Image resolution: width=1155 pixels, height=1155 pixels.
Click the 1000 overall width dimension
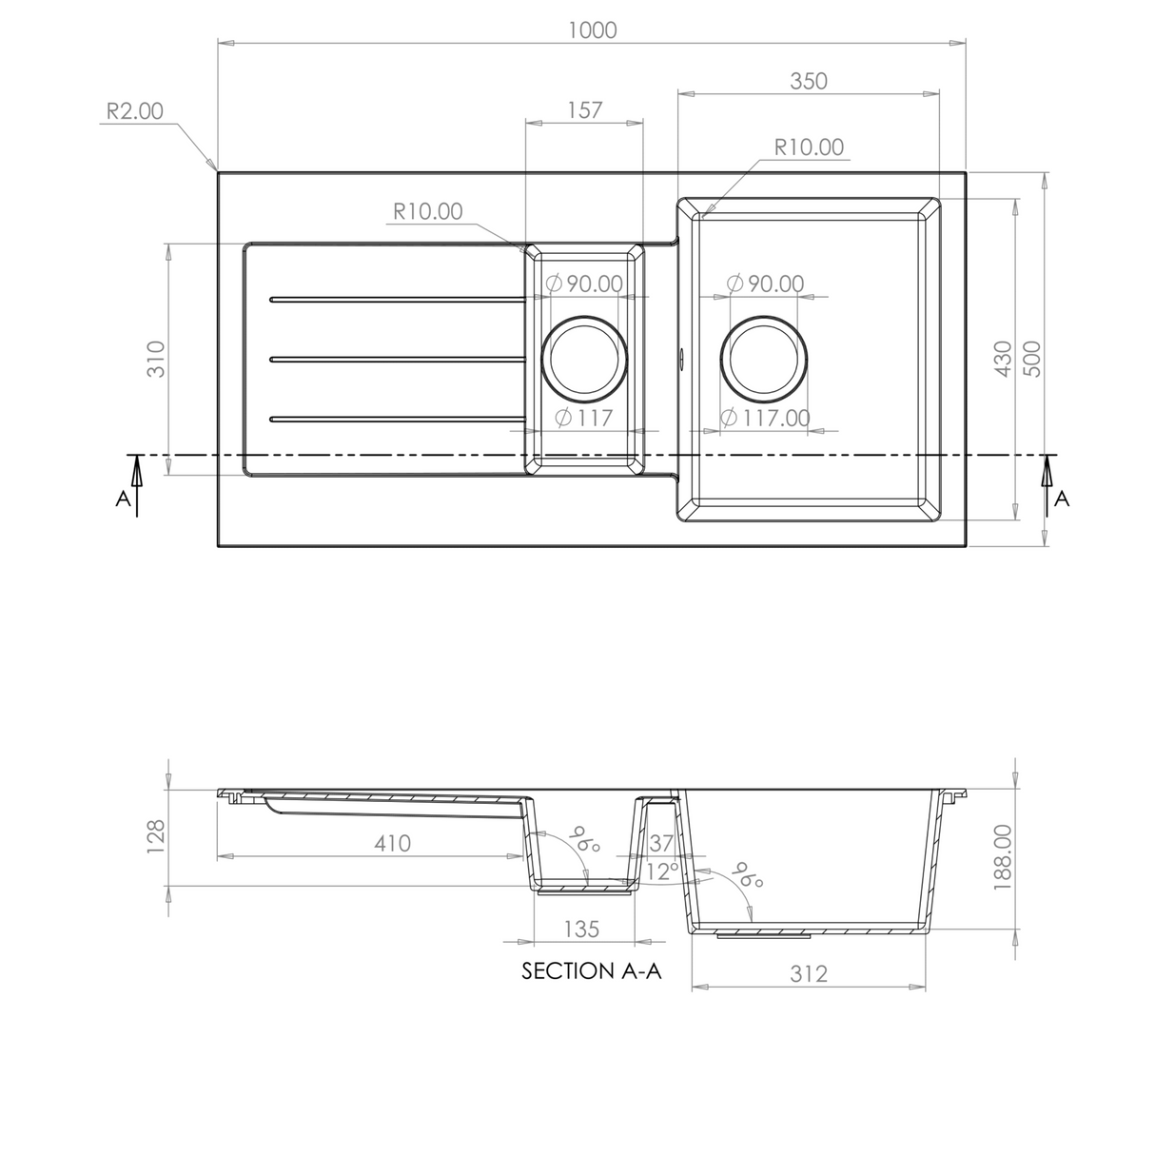(592, 29)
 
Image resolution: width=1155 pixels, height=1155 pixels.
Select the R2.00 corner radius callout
(134, 111)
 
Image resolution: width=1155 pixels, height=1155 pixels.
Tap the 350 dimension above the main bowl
(808, 81)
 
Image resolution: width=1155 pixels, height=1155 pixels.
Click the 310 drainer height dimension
(157, 359)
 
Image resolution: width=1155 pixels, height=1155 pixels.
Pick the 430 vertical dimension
(1002, 359)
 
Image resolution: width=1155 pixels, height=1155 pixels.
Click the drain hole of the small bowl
(584, 359)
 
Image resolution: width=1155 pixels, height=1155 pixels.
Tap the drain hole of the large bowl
(766, 359)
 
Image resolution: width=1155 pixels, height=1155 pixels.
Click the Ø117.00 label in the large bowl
(766, 418)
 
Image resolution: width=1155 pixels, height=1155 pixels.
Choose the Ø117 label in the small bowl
(583, 418)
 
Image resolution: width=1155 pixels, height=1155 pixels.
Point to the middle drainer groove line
(397, 359)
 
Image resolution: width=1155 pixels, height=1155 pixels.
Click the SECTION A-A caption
(591, 971)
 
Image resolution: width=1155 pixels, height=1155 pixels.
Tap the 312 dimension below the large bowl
(808, 973)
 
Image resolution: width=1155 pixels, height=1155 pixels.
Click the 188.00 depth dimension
(1002, 856)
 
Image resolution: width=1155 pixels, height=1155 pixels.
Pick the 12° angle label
(662, 871)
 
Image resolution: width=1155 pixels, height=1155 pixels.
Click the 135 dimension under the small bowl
(581, 928)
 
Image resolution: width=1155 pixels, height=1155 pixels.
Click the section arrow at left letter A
(136, 485)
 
